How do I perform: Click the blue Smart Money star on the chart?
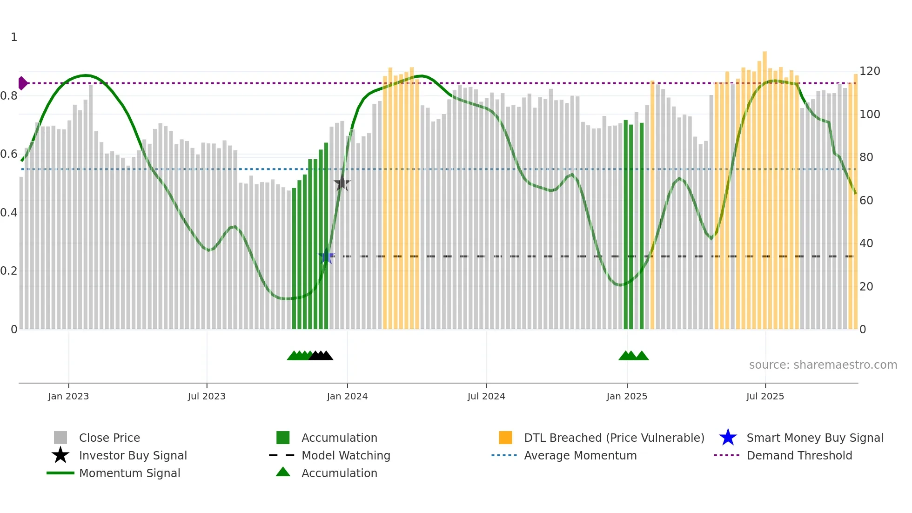point(326,256)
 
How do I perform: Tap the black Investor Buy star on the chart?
point(342,183)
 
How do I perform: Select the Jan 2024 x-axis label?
point(347,396)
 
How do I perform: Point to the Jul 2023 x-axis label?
point(207,396)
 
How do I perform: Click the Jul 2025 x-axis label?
point(765,396)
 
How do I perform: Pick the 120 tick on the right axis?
point(869,71)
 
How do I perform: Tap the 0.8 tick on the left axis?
point(9,96)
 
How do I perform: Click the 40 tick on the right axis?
point(866,243)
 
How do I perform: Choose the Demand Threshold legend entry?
point(799,455)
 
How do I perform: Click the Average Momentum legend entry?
point(580,455)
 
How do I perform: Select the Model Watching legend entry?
point(345,455)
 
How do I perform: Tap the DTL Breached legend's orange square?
point(505,438)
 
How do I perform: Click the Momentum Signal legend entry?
point(129,473)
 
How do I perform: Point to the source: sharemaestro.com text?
point(823,365)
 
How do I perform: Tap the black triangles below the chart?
point(321,356)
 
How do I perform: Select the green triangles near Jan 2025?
point(633,356)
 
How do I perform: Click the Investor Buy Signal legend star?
point(60,455)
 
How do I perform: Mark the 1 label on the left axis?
point(14,37)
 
